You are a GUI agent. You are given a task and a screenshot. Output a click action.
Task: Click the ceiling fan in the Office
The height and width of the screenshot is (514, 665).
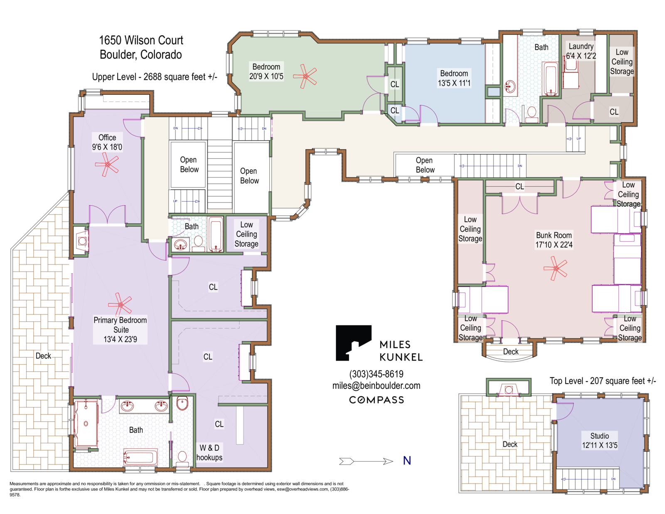pos(107,164)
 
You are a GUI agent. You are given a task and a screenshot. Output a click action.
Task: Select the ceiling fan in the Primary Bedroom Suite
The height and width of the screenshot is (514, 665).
pos(120,304)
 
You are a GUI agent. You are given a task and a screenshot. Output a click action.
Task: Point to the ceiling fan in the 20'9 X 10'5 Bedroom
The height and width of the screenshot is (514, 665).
pos(305,76)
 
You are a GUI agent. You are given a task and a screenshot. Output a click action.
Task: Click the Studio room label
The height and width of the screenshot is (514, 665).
pos(599,436)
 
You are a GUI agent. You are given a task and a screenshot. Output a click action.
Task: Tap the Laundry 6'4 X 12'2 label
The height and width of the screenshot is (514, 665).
pos(581,51)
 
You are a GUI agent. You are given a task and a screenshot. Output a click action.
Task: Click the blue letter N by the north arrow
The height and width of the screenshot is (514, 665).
pos(407,461)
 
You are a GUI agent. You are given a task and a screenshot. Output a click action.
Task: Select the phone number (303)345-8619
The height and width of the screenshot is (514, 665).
pos(376,374)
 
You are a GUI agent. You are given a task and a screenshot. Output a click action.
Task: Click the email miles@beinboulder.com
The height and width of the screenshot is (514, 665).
pos(376,385)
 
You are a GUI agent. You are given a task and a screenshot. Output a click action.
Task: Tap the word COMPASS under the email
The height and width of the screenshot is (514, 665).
pos(376,400)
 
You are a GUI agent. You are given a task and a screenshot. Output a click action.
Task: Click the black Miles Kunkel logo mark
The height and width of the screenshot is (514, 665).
pos(353,343)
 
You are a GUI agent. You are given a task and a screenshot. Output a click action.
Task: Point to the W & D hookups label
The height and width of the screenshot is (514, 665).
pos(209,452)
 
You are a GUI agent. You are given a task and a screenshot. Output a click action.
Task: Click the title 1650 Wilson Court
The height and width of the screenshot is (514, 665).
pos(141,40)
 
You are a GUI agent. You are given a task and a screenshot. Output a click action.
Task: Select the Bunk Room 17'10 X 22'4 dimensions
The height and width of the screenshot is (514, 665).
pos(554,245)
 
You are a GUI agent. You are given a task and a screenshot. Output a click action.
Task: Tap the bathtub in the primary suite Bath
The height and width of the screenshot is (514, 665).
pos(140,457)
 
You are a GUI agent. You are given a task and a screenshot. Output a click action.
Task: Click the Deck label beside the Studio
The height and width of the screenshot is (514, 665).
pos(510,444)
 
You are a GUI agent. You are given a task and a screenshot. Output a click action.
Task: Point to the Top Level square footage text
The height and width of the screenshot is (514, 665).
pos(603,381)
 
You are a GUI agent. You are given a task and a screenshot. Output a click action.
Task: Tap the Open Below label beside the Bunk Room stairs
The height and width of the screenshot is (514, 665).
pos(424,165)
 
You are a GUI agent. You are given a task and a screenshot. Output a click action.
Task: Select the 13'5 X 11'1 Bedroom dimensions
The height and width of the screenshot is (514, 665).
pos(454,83)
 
